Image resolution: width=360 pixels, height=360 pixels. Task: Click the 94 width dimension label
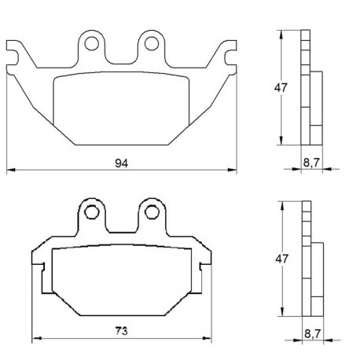122,163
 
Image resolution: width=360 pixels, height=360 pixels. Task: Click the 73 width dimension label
122,331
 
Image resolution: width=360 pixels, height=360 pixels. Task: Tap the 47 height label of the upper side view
281,88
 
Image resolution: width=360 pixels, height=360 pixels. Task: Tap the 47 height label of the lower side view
282,259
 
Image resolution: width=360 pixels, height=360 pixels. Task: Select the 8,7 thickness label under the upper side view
311,163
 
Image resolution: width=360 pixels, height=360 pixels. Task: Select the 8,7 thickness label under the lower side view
313,334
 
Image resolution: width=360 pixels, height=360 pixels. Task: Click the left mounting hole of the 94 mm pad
92,43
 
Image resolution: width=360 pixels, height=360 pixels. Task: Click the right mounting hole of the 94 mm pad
152,43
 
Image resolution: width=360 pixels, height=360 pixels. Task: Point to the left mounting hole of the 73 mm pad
92,212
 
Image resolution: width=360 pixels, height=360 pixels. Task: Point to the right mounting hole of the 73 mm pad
152,212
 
